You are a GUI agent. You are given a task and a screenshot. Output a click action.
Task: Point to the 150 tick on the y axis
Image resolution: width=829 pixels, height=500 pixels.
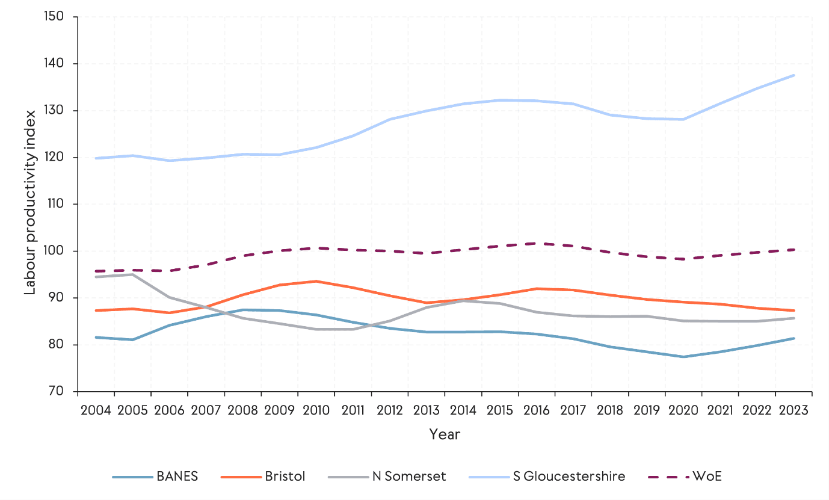click(x=55, y=17)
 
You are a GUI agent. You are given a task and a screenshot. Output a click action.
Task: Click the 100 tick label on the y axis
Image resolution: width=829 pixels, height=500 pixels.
click(x=55, y=251)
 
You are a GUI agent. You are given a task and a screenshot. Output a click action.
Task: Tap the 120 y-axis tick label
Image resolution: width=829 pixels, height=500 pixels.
click(x=55, y=158)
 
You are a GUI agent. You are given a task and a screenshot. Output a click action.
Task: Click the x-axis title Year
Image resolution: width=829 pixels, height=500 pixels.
click(x=445, y=434)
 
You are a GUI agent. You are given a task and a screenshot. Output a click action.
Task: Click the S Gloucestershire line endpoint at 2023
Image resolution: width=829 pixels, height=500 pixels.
click(x=794, y=75)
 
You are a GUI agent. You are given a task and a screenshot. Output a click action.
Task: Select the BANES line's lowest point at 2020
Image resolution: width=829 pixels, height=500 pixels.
click(x=683, y=357)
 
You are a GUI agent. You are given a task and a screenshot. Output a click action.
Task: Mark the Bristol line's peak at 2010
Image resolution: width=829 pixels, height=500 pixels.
click(x=316, y=281)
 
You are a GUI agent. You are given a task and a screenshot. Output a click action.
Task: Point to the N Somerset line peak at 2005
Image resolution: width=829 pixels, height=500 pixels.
click(x=132, y=274)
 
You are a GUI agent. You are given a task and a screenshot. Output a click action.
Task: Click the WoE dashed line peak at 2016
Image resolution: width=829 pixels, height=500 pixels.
click(x=537, y=243)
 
